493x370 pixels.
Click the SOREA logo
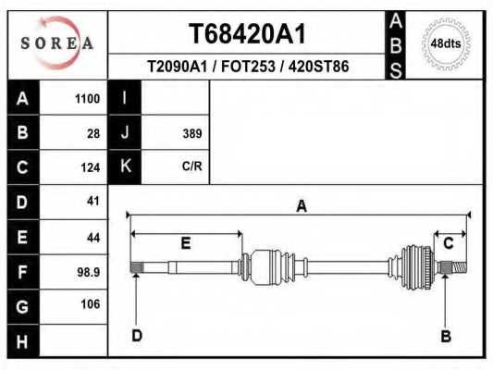pyautogui.click(x=57, y=43)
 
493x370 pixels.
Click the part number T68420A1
pyautogui.click(x=247, y=33)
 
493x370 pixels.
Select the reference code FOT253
pyautogui.click(x=248, y=67)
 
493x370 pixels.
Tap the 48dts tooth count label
pyautogui.click(x=446, y=43)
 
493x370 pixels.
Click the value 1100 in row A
pyautogui.click(x=87, y=99)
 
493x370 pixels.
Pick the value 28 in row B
pyautogui.click(x=93, y=133)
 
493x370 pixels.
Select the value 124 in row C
pyautogui.click(x=91, y=167)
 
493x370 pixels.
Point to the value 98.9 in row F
pyautogui.click(x=89, y=272)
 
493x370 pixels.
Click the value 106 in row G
pyautogui.click(x=91, y=304)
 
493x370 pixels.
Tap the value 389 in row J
pyautogui.click(x=192, y=133)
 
